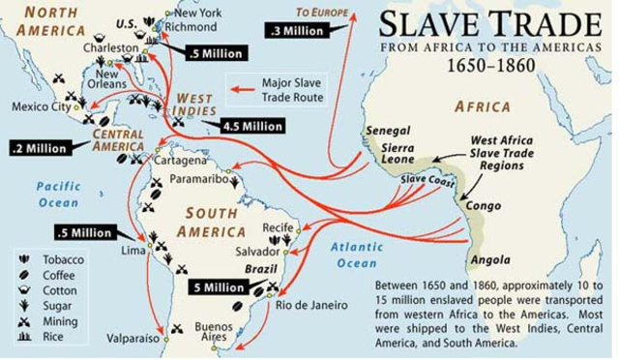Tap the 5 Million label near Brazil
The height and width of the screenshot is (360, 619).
(x=218, y=287)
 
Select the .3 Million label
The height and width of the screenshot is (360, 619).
(x=296, y=31)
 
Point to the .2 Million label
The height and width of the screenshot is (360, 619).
(x=40, y=149)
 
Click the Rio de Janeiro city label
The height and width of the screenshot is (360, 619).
(x=310, y=306)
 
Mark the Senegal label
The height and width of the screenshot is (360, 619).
(x=387, y=131)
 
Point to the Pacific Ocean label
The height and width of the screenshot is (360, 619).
(x=59, y=195)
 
